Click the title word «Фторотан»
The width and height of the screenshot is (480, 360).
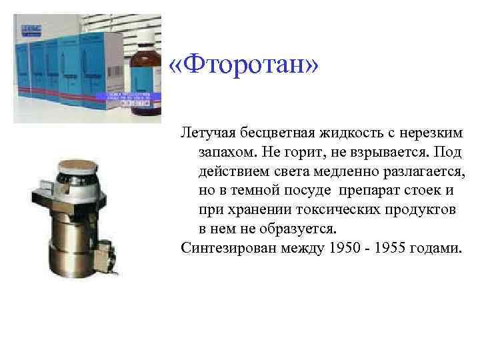(x=245, y=66)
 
